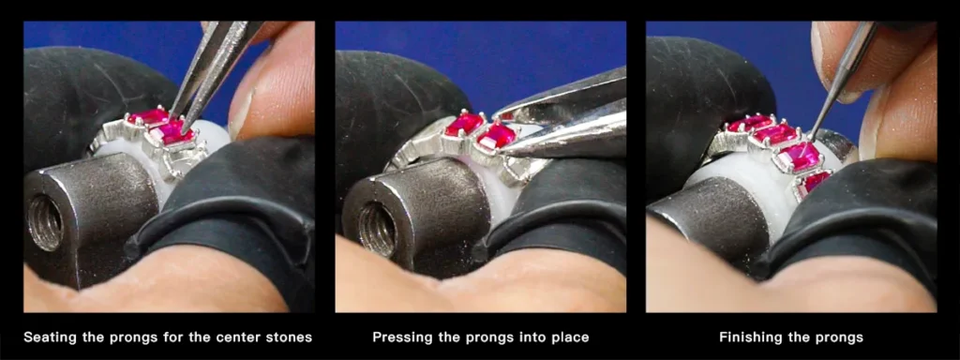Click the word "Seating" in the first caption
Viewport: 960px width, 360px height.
click(51, 337)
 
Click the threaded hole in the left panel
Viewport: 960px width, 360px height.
click(45, 223)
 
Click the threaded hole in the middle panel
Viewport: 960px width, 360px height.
click(377, 229)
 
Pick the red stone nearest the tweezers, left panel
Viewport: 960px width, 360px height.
click(172, 133)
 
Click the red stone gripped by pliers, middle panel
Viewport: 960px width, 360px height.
click(496, 136)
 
